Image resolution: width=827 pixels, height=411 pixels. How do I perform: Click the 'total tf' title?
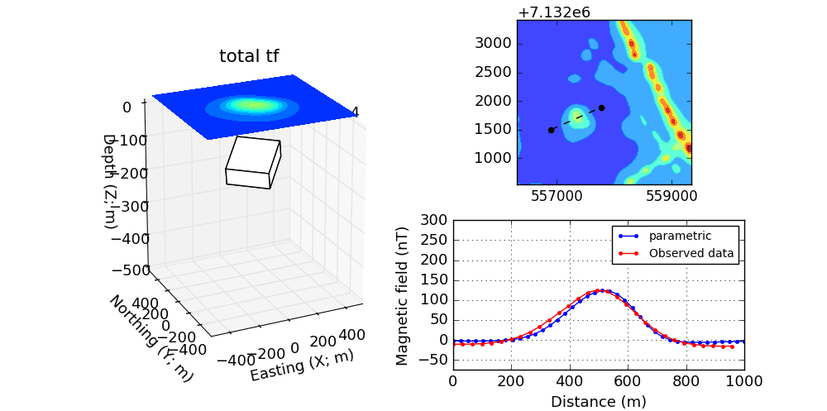(x=248, y=56)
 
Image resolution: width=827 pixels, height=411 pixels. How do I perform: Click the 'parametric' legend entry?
(x=680, y=236)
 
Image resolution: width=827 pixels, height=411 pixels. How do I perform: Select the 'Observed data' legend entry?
(x=691, y=253)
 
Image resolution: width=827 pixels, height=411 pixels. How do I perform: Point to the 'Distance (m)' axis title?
(x=598, y=402)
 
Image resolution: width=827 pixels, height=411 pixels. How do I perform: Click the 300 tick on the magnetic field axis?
(x=434, y=220)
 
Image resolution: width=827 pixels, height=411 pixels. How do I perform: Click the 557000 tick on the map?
(x=556, y=198)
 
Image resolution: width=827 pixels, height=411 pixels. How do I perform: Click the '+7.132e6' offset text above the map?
(x=552, y=12)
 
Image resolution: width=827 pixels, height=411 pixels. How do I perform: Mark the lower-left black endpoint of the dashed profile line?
(x=551, y=130)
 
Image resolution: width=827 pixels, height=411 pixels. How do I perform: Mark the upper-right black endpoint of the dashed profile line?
(x=601, y=108)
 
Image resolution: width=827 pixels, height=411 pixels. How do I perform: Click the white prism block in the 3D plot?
(x=253, y=162)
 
